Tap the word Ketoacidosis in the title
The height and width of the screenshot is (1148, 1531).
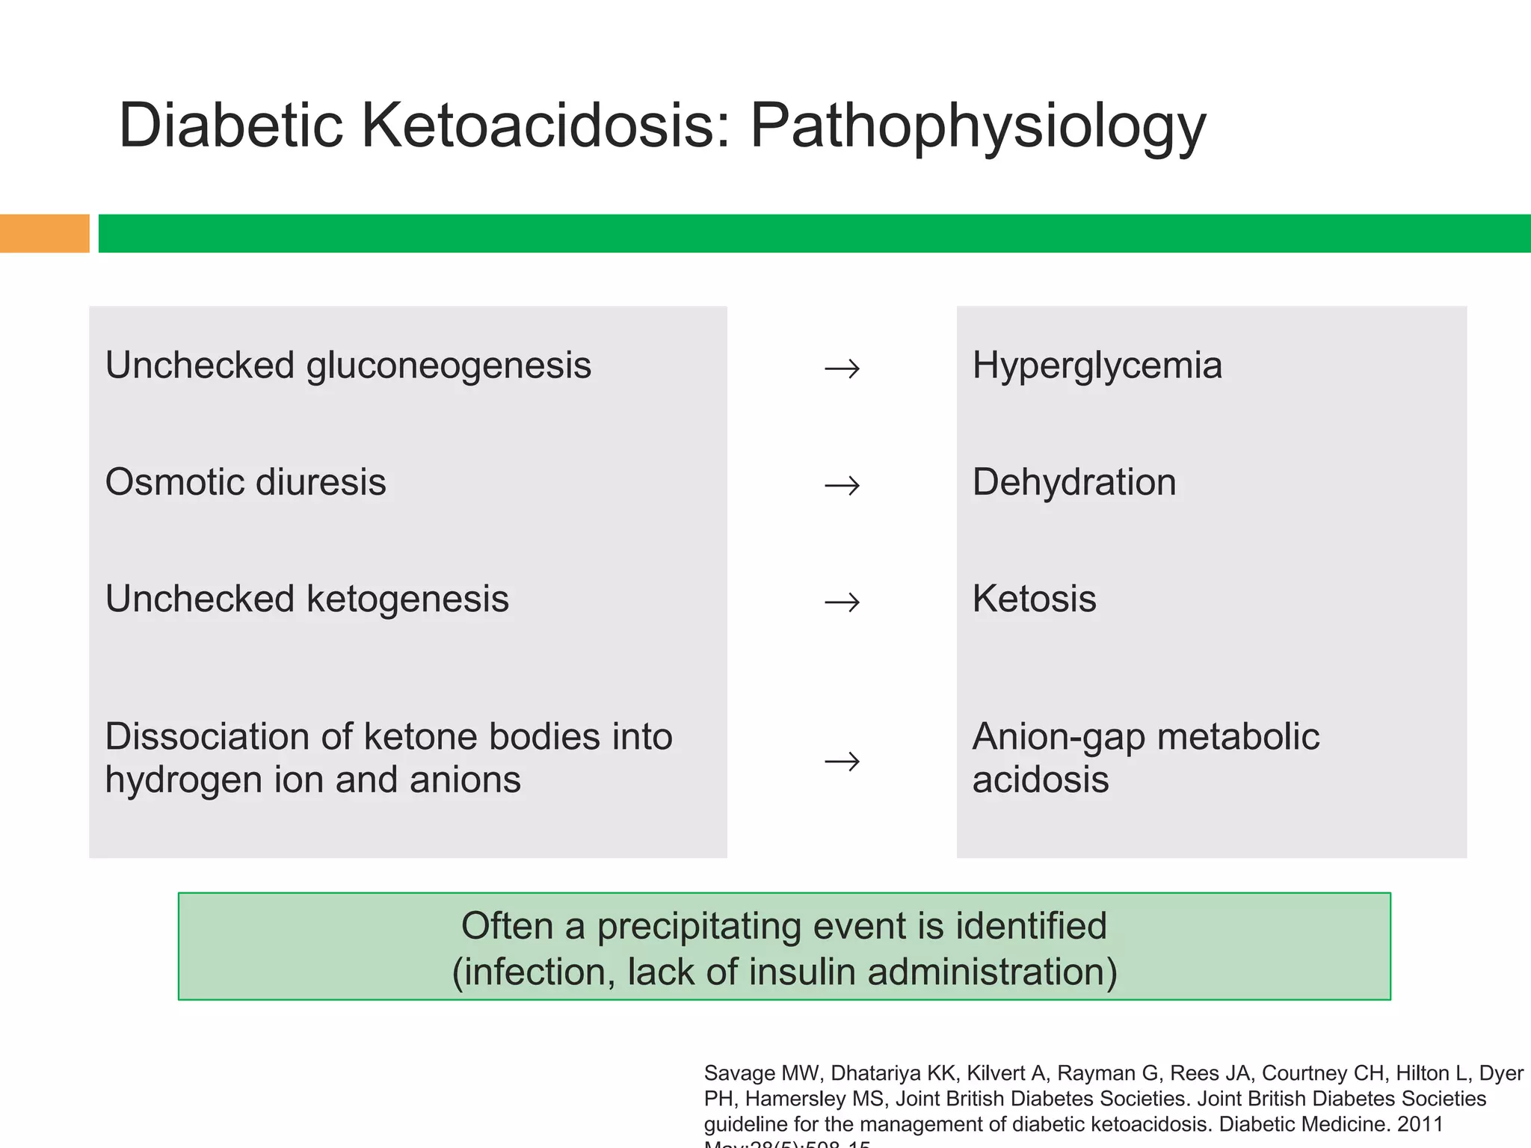click(546, 126)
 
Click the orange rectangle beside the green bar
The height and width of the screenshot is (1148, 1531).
click(44, 233)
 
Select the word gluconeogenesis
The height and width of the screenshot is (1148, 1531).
click(449, 366)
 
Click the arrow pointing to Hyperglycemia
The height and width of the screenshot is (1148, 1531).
click(842, 368)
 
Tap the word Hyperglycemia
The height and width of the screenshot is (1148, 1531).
click(1097, 366)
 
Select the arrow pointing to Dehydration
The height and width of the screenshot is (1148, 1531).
click(842, 486)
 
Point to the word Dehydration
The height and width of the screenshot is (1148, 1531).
click(1073, 482)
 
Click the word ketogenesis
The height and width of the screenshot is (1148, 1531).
click(407, 599)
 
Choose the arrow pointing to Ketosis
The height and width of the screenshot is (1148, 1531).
click(842, 602)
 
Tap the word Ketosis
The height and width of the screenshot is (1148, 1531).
click(1034, 599)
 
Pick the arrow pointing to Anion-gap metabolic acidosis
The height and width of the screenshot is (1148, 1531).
click(842, 762)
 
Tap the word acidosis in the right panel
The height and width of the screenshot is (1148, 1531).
click(1040, 780)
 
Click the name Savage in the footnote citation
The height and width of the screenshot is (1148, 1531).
click(739, 1074)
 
